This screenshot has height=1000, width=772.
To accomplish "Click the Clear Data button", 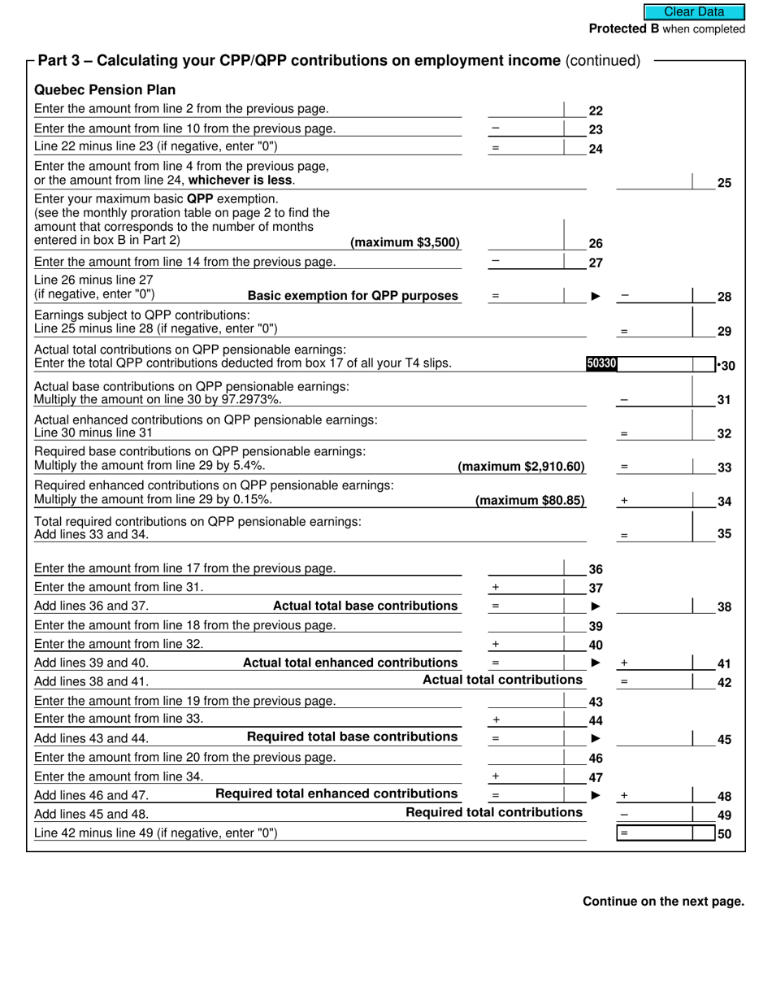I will click(x=694, y=12).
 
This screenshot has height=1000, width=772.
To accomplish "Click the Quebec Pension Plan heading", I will click(x=105, y=90).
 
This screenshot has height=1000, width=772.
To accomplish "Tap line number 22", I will click(x=596, y=111).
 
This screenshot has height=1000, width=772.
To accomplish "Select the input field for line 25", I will click(x=654, y=181).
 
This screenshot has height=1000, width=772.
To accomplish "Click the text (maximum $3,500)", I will click(x=405, y=243).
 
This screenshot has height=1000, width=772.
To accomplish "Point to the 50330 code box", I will click(x=601, y=364).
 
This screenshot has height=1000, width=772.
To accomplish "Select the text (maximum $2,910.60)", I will click(x=522, y=467).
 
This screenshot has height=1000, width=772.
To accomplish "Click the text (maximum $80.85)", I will click(x=530, y=501).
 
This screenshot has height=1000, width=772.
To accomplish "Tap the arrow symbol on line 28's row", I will click(x=596, y=297).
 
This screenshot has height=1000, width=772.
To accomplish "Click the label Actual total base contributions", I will click(x=365, y=607).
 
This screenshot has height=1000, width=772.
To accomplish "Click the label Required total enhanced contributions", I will click(x=336, y=794).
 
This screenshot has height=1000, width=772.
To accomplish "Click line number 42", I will click(x=725, y=683).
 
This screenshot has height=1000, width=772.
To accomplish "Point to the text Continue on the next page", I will click(x=663, y=902).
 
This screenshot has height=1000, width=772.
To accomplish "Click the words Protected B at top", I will click(x=623, y=29).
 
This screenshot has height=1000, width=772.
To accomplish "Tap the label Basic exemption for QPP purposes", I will click(x=353, y=296).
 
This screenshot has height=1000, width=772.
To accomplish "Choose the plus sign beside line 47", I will click(x=496, y=777).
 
